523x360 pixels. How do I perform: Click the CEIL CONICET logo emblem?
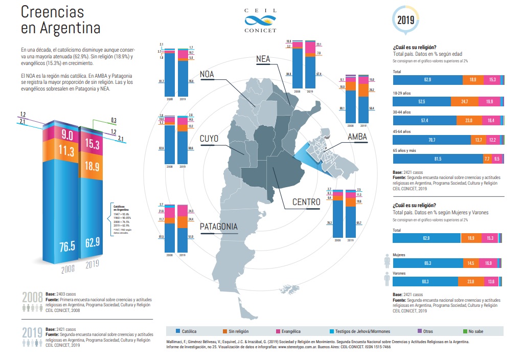pyautogui.click(x=261, y=21)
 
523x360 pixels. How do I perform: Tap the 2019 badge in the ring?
pyautogui.click(x=406, y=20)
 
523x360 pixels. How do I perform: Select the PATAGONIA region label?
pyautogui.click(x=219, y=226)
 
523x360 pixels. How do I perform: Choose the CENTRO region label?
pyautogui.click(x=306, y=202)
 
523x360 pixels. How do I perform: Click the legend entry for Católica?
pyautogui.click(x=189, y=331)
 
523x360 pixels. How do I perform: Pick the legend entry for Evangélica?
pyautogui.click(x=290, y=331)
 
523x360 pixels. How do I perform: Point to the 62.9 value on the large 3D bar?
pyautogui.click(x=92, y=242)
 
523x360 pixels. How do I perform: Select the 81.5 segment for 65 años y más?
pyautogui.click(x=438, y=159)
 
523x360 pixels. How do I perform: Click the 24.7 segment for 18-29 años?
pyautogui.click(x=465, y=102)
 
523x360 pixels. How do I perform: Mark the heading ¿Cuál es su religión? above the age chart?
pyautogui.click(x=414, y=48)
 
